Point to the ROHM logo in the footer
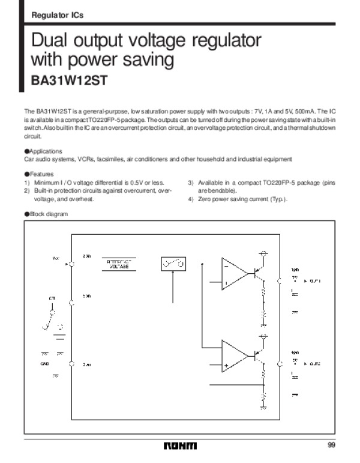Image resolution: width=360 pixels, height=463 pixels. pyautogui.click(x=179, y=446)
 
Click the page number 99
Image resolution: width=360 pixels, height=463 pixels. pyautogui.click(x=332, y=445)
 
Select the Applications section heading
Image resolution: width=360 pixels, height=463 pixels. pyautogui.click(x=44, y=151)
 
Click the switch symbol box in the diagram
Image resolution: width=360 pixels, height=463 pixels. pyautogui.click(x=173, y=263)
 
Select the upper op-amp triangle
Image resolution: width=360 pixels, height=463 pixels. pyautogui.click(x=233, y=273)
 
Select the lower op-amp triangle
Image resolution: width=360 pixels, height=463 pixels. pyautogui.click(x=233, y=356)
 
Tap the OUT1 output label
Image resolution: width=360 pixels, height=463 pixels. pyautogui.click(x=315, y=281)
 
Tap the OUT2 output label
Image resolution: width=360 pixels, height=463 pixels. pyautogui.click(x=315, y=364)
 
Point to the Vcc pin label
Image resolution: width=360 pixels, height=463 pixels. pyautogui.click(x=56, y=259)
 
